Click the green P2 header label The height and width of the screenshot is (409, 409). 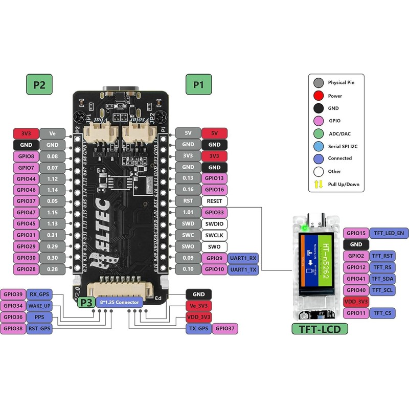39,84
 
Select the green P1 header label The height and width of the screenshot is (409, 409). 198,84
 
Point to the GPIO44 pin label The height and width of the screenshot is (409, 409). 26,178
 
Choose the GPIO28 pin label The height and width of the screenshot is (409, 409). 26,268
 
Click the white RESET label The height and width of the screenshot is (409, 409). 215,201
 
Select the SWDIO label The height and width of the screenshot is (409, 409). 215,223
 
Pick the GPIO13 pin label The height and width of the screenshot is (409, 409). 215,178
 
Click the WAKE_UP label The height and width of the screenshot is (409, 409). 39,306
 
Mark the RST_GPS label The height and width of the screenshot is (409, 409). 39,328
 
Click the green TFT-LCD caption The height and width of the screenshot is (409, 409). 320,329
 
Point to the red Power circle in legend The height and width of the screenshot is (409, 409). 319,96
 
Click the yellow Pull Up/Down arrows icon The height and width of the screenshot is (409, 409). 319,184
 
